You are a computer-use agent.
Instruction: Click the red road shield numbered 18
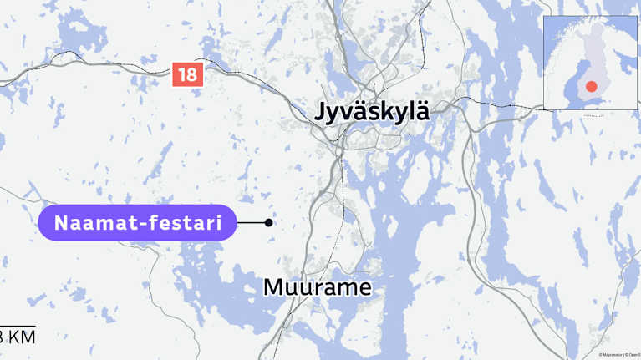click(x=187, y=74)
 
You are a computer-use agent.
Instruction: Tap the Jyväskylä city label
click(x=372, y=112)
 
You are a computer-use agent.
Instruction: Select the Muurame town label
click(x=318, y=287)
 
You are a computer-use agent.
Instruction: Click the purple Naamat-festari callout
click(x=138, y=223)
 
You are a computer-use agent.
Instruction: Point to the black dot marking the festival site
click(x=268, y=223)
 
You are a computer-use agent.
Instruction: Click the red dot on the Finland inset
click(x=592, y=86)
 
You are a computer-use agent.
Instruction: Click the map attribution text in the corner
click(x=618, y=355)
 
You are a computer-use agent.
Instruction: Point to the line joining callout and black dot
click(x=251, y=223)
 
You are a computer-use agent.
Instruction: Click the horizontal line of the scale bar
click(x=18, y=326)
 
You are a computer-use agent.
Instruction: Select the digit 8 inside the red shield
click(x=192, y=74)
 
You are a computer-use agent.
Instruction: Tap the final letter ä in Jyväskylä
click(x=422, y=112)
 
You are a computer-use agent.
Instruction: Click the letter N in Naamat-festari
click(x=62, y=223)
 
